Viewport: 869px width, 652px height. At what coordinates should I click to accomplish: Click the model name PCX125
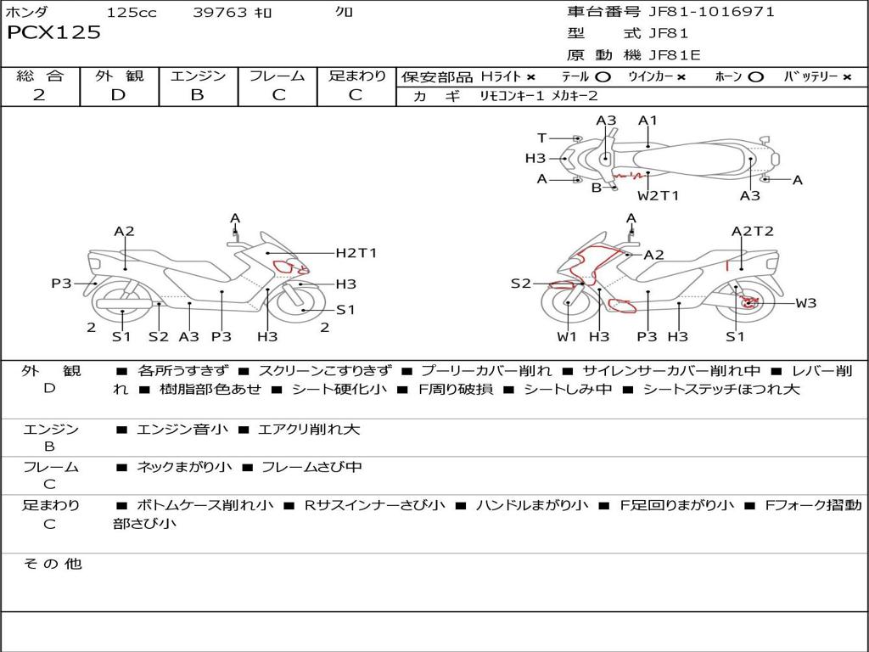pos(53,32)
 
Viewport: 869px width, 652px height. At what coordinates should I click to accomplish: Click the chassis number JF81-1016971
pos(712,12)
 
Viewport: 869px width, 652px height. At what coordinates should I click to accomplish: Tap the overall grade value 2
pos(39,95)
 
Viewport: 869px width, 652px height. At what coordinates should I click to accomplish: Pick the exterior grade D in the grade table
pos(119,95)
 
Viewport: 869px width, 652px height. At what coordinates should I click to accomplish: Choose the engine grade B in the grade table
pos(198,95)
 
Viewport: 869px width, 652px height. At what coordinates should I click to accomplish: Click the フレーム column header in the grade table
pos(278,76)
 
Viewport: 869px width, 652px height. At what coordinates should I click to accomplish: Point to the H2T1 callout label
pos(356,253)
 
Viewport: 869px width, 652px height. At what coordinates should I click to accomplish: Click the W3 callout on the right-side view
pos(806,303)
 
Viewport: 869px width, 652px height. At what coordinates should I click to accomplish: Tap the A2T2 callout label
pos(753,231)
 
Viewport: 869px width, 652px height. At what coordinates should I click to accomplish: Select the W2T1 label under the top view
pos(658,195)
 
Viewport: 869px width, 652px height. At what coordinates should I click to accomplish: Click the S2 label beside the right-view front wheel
pos(521,284)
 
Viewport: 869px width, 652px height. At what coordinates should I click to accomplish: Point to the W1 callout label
pos(567,336)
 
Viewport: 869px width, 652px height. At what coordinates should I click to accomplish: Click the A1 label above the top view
pos(648,121)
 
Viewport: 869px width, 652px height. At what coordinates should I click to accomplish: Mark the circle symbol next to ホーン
pos(755,77)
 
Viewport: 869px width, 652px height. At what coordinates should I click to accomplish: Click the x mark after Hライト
pos(531,77)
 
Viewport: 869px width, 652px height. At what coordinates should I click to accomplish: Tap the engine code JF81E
pos(675,55)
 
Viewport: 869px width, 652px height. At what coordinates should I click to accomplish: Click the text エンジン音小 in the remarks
pos(182,429)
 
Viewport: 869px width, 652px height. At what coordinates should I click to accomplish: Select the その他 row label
pos(52,564)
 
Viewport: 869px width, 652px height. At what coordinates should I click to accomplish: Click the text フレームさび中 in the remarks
pos(311,468)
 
